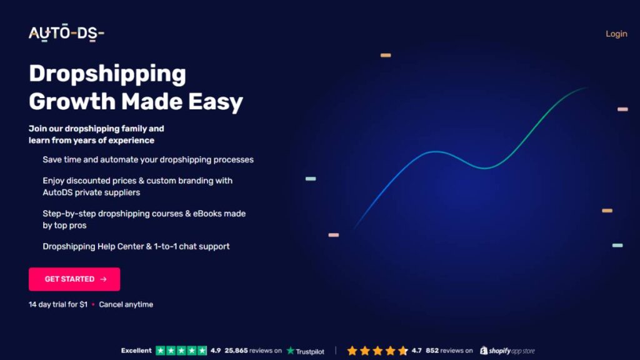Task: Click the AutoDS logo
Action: point(66,34)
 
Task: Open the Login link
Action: point(616,34)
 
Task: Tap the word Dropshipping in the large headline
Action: point(107,74)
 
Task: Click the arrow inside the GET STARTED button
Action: point(103,279)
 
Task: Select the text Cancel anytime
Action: point(126,304)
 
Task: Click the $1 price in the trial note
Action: point(83,304)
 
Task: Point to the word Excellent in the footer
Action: point(136,351)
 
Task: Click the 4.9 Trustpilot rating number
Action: point(216,351)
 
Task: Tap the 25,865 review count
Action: point(237,351)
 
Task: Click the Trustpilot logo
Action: point(306,351)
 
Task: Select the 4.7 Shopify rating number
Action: point(417,351)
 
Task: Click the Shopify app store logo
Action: point(507,351)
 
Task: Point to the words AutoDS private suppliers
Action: point(91,192)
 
